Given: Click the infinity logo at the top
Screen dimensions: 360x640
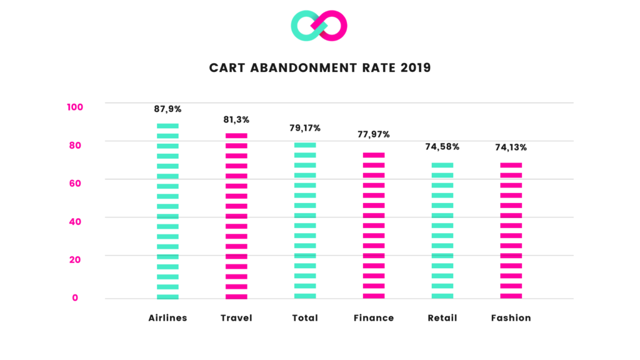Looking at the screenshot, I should (x=319, y=26).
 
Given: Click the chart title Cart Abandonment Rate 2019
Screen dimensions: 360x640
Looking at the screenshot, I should (x=319, y=67).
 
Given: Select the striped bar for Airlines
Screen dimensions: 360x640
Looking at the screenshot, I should (x=167, y=211).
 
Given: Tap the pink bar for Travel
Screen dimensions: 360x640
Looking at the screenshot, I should (x=236, y=216).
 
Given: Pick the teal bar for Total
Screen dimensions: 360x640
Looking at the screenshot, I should (x=305, y=221).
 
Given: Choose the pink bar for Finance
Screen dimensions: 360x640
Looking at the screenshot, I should (x=374, y=226).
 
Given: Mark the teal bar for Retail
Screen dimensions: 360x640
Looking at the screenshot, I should (x=442, y=231).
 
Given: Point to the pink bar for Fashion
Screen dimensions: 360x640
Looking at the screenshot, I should (x=511, y=231).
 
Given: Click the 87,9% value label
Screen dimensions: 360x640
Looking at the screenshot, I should (x=167, y=109).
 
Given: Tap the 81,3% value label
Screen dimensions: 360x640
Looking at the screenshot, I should (x=236, y=119).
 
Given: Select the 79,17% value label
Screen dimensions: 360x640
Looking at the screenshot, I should (x=305, y=128).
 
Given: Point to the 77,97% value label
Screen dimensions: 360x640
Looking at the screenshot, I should (x=374, y=134).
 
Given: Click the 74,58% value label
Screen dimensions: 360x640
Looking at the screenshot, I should (x=442, y=147).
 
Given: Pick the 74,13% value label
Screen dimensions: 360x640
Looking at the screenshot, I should (x=511, y=148).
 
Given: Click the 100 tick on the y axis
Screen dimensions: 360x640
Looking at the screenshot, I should (x=75, y=107).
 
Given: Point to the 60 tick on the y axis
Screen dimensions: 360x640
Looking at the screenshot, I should (x=75, y=183).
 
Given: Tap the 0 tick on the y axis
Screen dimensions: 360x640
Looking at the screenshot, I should (x=75, y=297).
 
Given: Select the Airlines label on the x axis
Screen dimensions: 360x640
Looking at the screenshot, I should (x=167, y=318).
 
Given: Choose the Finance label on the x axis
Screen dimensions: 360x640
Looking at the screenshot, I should (x=374, y=318).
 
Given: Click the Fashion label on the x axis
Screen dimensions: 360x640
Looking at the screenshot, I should (x=511, y=318).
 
